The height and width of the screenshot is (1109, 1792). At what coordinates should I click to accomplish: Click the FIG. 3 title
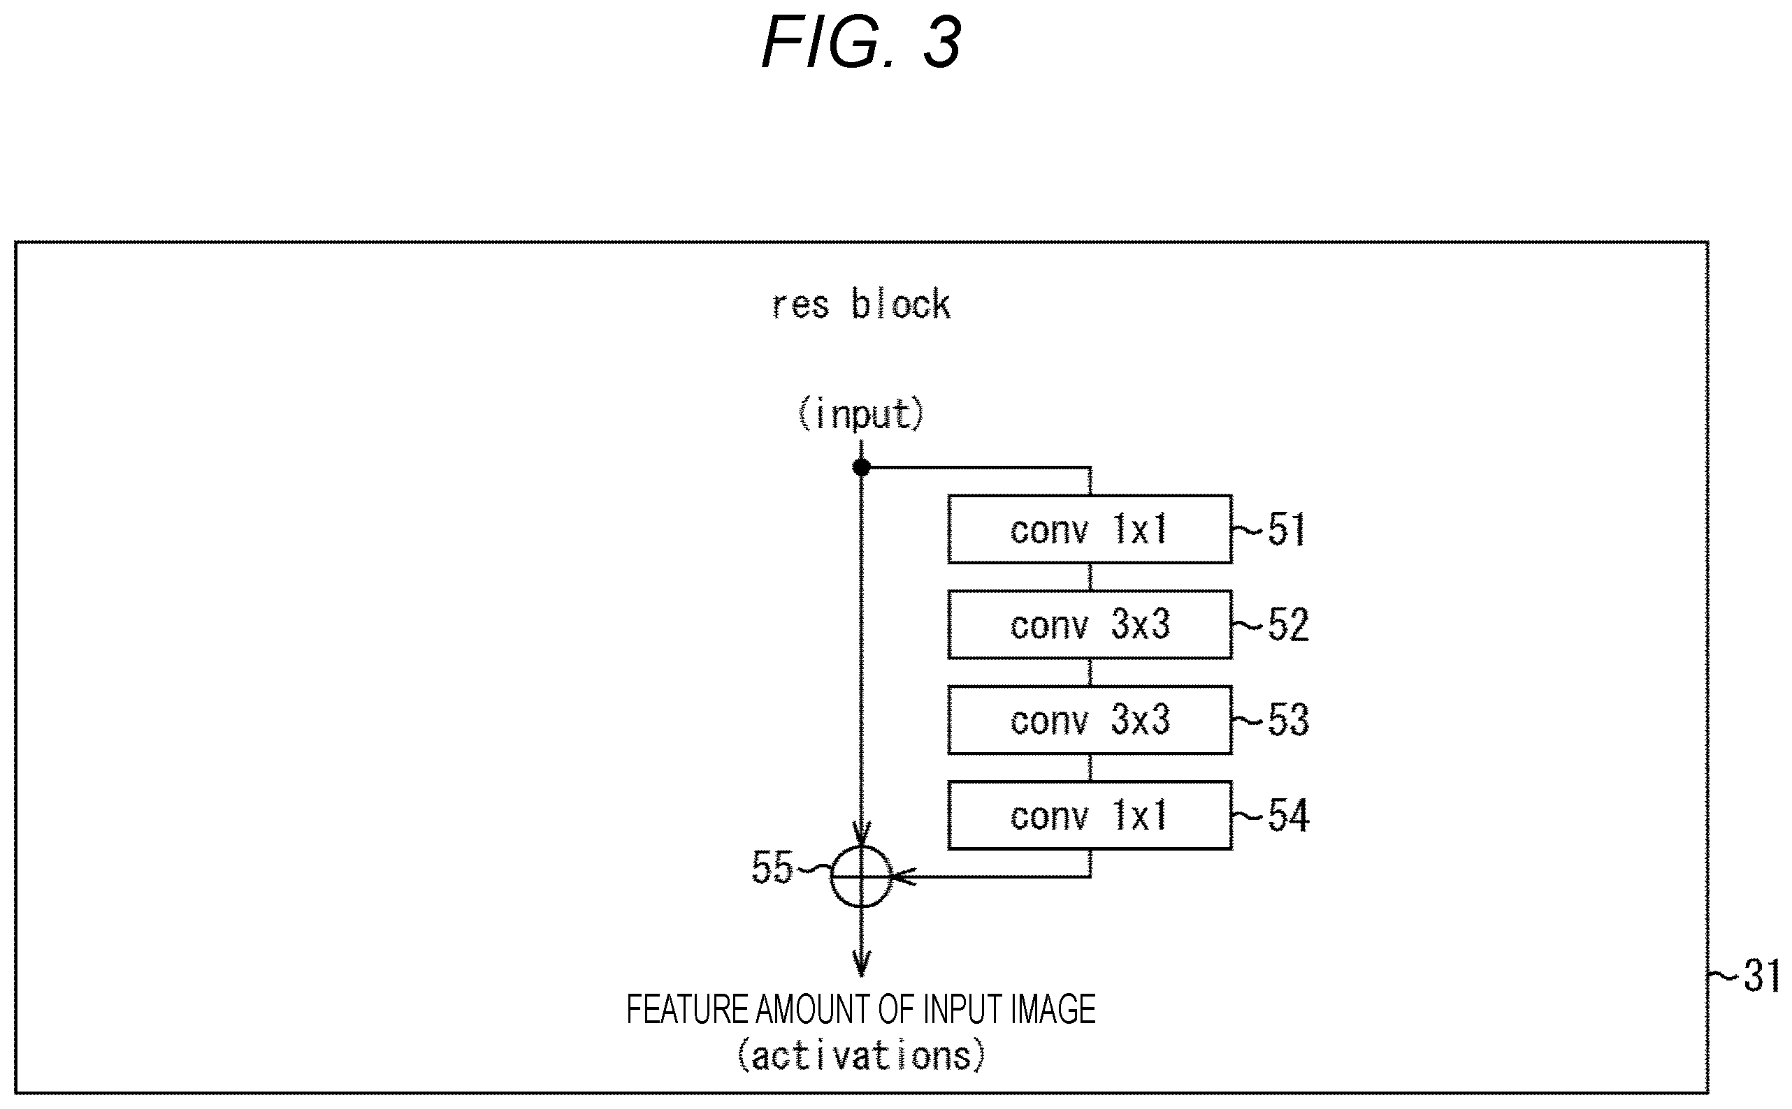(862, 43)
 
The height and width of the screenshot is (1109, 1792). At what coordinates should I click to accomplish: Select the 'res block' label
(862, 304)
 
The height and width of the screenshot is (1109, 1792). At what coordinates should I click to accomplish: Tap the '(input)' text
(861, 414)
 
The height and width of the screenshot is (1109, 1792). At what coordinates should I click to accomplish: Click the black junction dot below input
(862, 467)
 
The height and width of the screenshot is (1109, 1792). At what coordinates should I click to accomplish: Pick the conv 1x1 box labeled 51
(1090, 529)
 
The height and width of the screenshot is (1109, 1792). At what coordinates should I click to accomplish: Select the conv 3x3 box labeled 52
(1090, 624)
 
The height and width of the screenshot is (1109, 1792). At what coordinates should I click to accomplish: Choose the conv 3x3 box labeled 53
(1090, 719)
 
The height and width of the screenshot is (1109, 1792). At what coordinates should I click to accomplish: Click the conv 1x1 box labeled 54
(1090, 815)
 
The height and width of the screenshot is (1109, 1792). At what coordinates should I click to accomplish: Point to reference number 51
(1287, 529)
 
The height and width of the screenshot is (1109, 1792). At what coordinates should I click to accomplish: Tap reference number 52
(1288, 624)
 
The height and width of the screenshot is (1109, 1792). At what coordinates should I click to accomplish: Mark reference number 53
(1288, 719)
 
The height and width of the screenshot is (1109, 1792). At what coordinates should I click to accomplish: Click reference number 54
(1288, 815)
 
